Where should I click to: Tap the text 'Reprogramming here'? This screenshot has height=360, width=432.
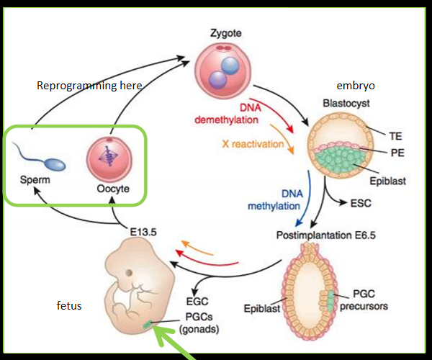(x=89, y=86)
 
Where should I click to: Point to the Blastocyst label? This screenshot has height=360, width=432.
(x=346, y=103)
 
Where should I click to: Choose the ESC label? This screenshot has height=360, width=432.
(x=360, y=204)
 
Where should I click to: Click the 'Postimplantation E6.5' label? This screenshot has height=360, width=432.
(x=324, y=235)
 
